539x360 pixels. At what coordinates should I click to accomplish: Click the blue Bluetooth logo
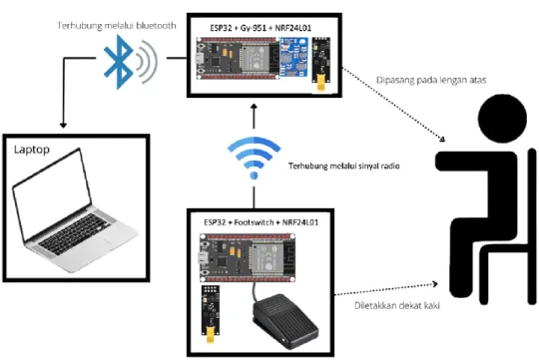point(119,62)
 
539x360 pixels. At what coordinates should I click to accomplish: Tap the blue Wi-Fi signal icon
point(255,158)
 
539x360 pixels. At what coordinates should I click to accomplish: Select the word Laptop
point(32,150)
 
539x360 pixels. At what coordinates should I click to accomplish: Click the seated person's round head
point(502,119)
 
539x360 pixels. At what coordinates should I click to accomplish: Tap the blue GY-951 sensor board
point(293,57)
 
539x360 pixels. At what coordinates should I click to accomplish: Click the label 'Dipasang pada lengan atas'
point(431,80)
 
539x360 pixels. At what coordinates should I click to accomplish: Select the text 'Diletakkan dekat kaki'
point(397,305)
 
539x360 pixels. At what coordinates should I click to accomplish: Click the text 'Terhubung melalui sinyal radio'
point(343,166)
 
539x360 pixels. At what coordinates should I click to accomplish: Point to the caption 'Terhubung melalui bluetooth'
point(117,25)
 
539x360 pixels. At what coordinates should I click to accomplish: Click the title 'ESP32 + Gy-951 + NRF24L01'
point(261,28)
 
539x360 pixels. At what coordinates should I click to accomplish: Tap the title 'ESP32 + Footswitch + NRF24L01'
point(261,222)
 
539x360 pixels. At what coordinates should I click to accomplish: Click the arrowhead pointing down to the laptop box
point(63,125)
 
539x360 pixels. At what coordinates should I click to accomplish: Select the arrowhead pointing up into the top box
point(255,106)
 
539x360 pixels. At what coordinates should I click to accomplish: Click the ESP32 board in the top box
point(238,59)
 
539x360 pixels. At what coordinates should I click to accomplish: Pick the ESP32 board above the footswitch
point(248,257)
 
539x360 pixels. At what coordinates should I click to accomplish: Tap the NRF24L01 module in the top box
point(320,64)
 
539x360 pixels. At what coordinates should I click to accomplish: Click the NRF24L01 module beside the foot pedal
point(211,313)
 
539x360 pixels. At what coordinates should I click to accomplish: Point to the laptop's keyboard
point(75,233)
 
